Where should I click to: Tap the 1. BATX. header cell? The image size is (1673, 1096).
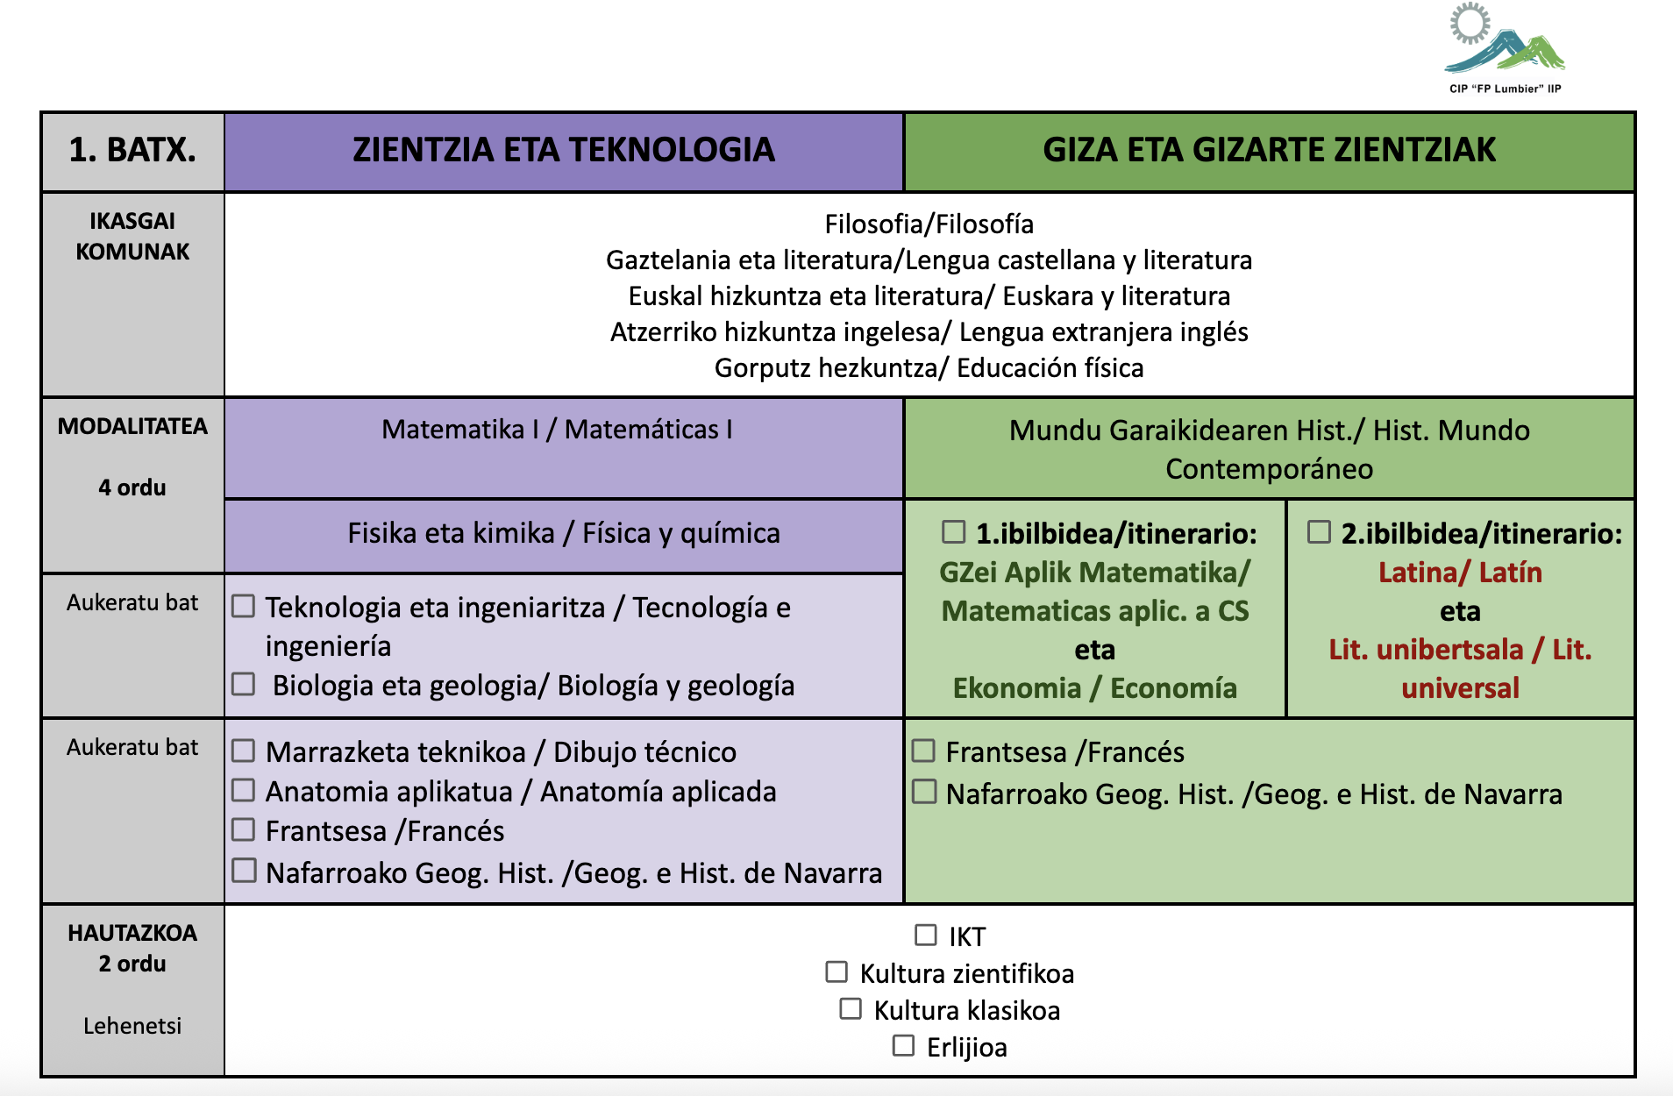click(132, 151)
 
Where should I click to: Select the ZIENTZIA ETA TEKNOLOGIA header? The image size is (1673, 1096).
click(564, 151)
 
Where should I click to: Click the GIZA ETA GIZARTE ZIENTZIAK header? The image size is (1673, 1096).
click(1269, 151)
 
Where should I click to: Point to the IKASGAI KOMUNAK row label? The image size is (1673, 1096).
click(132, 237)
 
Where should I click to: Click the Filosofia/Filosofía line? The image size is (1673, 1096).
click(929, 224)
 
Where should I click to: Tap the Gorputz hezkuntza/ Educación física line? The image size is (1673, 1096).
click(929, 368)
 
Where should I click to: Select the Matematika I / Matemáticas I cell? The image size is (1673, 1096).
click(557, 430)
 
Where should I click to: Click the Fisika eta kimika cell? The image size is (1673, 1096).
click(564, 533)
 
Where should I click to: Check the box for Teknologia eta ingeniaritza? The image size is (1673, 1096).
click(244, 606)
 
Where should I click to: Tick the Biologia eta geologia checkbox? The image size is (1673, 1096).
click(244, 684)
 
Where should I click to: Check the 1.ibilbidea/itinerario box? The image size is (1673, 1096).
click(953, 531)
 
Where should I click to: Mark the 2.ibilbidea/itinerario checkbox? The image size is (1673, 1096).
click(1319, 531)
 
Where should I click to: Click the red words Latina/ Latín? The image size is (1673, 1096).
click(1459, 573)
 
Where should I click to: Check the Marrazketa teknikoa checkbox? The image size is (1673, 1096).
click(244, 751)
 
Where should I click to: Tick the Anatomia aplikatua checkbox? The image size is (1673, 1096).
click(244, 790)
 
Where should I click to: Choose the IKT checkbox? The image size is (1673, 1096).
click(925, 935)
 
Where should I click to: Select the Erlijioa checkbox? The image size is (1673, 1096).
click(903, 1045)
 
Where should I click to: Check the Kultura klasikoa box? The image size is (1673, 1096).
click(851, 1008)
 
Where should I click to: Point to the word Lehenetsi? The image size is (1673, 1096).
click(132, 1026)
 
